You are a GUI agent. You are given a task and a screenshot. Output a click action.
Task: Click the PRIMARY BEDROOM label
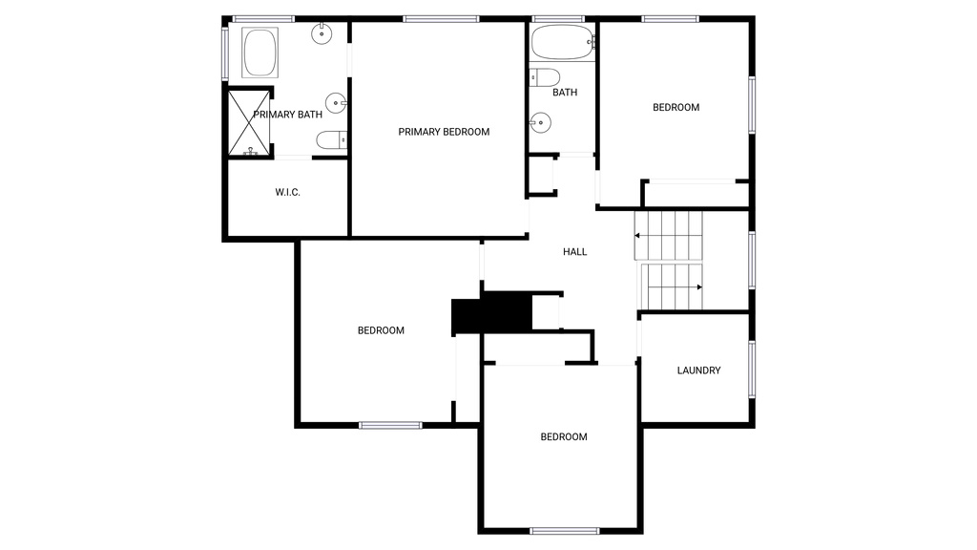click(444, 132)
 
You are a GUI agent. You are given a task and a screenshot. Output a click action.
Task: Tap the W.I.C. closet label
click(287, 192)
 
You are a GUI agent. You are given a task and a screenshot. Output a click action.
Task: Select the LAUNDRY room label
click(698, 370)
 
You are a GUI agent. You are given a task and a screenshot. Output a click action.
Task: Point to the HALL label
click(574, 252)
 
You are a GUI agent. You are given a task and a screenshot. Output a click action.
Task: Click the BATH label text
click(565, 93)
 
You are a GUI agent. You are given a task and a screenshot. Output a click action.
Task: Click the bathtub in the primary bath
click(260, 53)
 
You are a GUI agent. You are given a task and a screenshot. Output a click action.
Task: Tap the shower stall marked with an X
click(249, 123)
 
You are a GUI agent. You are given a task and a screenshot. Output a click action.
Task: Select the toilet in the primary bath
click(331, 139)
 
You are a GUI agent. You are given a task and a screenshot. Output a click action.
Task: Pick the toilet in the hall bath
click(544, 78)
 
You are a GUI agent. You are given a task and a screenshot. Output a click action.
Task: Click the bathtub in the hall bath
click(563, 42)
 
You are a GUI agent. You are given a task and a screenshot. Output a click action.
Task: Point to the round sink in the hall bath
click(540, 123)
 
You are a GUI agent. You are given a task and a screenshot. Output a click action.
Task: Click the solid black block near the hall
click(491, 313)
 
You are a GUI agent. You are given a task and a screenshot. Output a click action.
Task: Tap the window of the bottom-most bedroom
click(565, 531)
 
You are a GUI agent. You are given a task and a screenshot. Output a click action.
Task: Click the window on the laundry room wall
click(752, 370)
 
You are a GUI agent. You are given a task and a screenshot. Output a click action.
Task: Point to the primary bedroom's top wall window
click(441, 19)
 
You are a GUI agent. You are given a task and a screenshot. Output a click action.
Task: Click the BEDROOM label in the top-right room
click(676, 107)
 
